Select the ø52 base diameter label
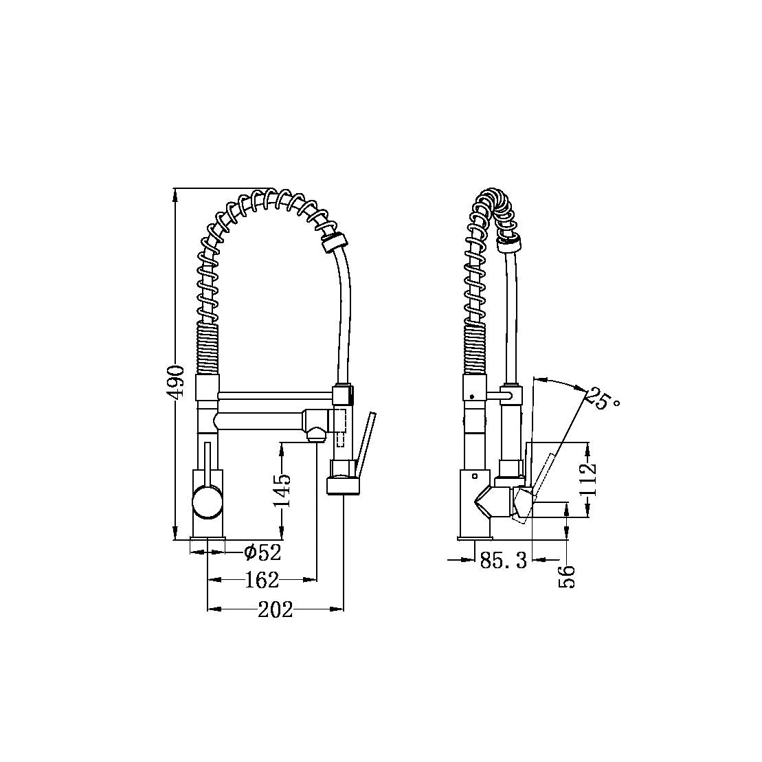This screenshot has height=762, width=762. point(263,552)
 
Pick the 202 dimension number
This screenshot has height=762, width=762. point(275,609)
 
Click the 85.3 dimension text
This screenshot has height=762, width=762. point(503,561)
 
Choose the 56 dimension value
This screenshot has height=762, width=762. point(567,576)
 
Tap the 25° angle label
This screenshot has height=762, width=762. point(602,399)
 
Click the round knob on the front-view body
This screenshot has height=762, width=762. point(208,503)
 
